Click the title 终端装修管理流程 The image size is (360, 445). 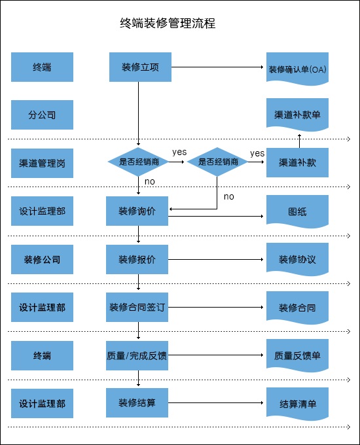[x=168, y=24]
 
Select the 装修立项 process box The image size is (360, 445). [x=140, y=67]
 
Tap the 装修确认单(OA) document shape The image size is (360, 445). [x=297, y=69]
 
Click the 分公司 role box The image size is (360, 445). [x=42, y=115]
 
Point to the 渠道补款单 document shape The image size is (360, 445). [x=297, y=115]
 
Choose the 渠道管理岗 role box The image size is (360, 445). [x=42, y=163]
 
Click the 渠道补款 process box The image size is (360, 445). [x=297, y=162]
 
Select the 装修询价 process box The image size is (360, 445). [x=137, y=211]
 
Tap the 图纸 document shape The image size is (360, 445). [x=297, y=211]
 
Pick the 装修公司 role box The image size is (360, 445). [x=42, y=259]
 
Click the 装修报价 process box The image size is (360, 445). [x=137, y=259]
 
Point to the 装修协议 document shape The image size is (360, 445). [x=297, y=259]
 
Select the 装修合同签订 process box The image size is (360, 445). [x=137, y=307]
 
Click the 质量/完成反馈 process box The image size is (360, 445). [x=137, y=355]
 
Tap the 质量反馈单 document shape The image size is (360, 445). [x=297, y=355]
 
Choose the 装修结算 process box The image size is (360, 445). [x=137, y=402]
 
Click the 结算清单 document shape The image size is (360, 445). [x=297, y=404]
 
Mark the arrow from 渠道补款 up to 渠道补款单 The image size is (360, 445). [x=299, y=141]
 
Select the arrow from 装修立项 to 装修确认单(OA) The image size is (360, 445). [x=217, y=67]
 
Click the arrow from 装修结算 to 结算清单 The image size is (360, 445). [x=216, y=402]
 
